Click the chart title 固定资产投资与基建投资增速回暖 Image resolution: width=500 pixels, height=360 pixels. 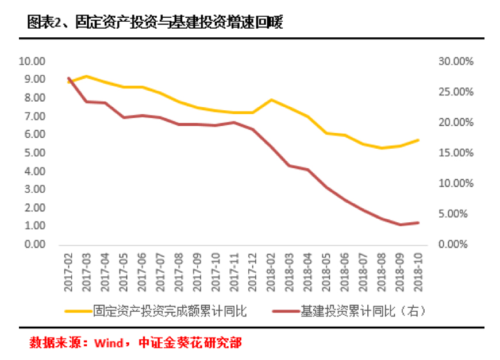pos(155,23)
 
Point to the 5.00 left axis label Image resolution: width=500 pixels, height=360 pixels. pos(33,153)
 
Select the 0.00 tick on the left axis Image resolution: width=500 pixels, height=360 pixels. pos(33,245)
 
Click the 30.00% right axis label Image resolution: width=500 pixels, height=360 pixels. pos(456,61)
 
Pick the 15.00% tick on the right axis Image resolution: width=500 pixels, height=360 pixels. pos(456,153)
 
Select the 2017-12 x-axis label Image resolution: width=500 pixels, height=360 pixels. pos(252,267)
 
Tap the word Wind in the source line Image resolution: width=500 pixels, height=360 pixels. pos(109,343)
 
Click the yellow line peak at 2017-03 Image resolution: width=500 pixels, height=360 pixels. pos(87,76)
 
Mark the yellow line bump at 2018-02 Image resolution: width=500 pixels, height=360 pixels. pos(271,100)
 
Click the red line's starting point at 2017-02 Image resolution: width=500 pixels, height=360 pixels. pos(68,78)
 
